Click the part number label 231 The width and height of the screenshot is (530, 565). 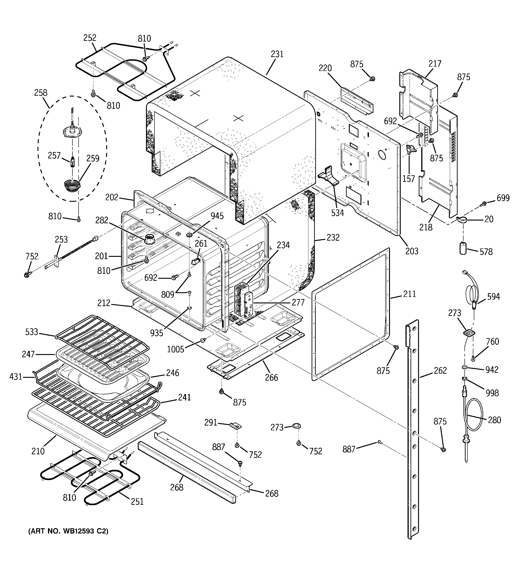277,54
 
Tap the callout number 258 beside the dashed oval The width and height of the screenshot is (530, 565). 41,93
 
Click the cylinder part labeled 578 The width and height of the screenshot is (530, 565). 464,248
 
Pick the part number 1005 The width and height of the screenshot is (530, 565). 175,349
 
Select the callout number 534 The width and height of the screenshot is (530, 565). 337,213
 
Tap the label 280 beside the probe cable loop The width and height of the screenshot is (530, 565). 494,420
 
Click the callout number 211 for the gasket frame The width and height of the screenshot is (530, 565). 409,294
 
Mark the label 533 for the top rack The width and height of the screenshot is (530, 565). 32,332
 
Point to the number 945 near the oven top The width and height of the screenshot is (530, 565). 217,216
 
